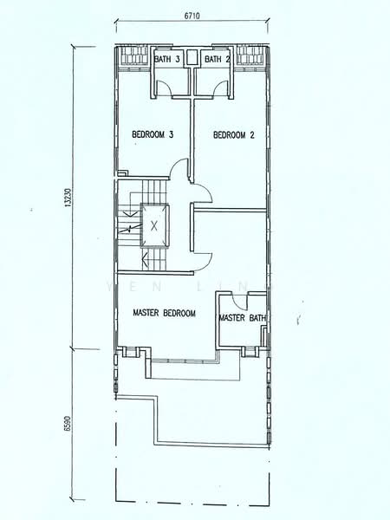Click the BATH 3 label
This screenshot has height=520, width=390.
pyautogui.click(x=167, y=59)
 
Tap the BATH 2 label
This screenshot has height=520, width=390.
pyautogui.click(x=217, y=59)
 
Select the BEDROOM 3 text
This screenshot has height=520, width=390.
pyautogui.click(x=153, y=134)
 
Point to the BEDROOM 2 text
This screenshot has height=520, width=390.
pyautogui.click(x=232, y=134)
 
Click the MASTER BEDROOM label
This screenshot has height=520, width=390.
pyautogui.click(x=164, y=313)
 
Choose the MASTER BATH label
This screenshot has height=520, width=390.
pyautogui.click(x=242, y=318)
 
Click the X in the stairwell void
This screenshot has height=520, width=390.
pyautogui.click(x=154, y=224)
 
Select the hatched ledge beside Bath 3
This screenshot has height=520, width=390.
pyautogui.click(x=133, y=60)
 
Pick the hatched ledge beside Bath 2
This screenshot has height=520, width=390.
pyautogui.click(x=250, y=60)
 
